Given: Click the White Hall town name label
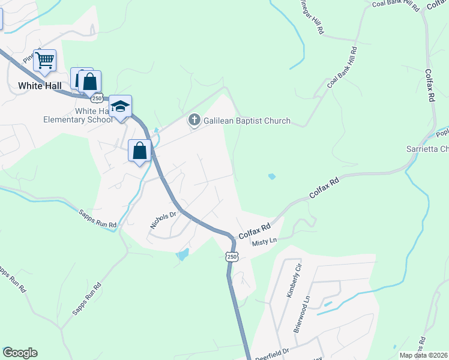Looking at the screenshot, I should coord(40,86).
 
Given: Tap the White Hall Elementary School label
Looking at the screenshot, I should coord(78,115).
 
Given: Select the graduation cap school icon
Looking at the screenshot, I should coord(120,106).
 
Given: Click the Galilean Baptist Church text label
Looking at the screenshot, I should coord(247,121).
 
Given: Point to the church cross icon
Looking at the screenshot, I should coord(194,121).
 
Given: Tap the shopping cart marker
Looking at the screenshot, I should coord(44,60).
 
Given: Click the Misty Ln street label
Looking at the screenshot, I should coord(264,241).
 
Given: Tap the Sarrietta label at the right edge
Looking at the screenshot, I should coord(427,149).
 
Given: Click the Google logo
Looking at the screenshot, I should coord(20,353).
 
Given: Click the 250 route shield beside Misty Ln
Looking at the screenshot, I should coord(232,256).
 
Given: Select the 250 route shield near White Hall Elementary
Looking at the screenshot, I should coord(97,98).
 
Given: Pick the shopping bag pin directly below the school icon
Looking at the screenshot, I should coord(139,151).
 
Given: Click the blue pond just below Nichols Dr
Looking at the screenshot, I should coord(182,255).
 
